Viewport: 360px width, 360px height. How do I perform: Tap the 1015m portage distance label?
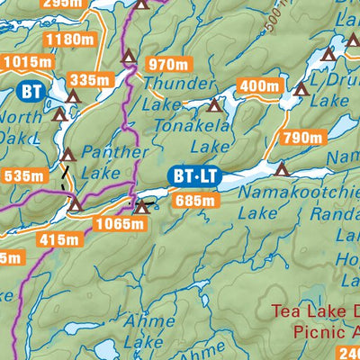click(x=27, y=62)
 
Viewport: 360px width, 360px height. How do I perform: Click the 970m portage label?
click(x=168, y=64)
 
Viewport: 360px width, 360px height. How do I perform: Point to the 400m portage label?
click(x=259, y=86)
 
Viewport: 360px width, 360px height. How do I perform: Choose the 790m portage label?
click(x=301, y=138)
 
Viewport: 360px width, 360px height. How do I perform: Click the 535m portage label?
click(x=23, y=175)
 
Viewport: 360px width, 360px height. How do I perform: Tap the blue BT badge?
click(x=31, y=90)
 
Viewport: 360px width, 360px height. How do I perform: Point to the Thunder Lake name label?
click(x=167, y=93)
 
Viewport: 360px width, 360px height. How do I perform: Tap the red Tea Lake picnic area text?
click(x=315, y=323)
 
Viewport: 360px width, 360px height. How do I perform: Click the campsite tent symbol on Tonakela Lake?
click(x=214, y=106)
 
